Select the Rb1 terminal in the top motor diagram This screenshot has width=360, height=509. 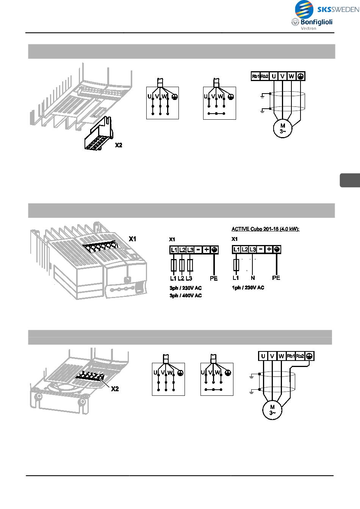point(255,77)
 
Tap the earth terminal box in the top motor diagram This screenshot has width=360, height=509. point(301,76)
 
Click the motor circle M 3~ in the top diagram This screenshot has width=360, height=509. point(283,128)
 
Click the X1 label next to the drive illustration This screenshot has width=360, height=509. point(133,239)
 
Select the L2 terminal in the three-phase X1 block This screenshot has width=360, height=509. point(182,250)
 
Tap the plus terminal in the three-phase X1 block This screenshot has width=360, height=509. point(206,250)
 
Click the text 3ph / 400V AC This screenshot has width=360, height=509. point(185,295)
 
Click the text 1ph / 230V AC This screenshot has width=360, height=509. point(248,288)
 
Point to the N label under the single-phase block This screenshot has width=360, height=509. point(253,278)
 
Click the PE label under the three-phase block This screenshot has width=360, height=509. point(214,278)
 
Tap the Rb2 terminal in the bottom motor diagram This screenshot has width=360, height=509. point(300,356)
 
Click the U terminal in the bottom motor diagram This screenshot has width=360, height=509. point(263,356)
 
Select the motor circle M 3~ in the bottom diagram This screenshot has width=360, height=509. point(272,410)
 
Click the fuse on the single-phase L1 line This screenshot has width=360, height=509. point(236,264)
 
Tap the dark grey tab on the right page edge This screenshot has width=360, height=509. point(349,180)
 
